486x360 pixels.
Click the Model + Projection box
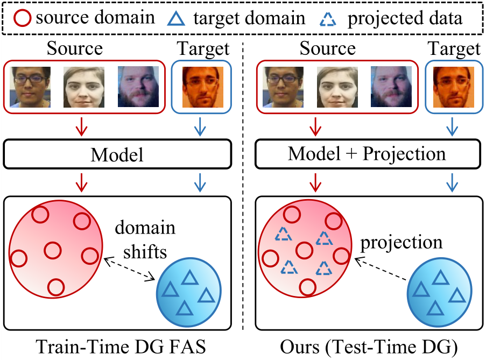[367, 155]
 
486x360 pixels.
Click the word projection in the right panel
[402, 243]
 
